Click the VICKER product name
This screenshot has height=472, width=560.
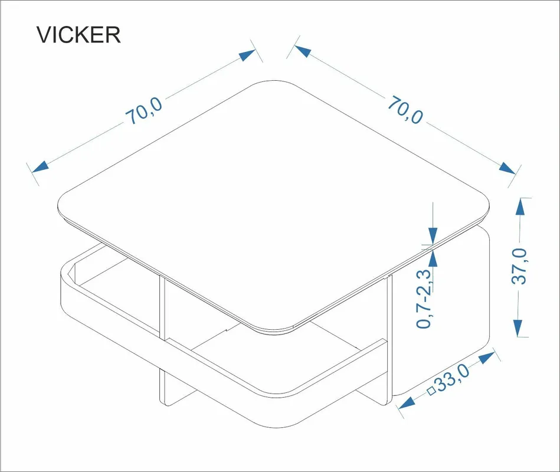click(x=78, y=35)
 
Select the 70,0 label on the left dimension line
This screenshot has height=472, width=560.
click(x=144, y=111)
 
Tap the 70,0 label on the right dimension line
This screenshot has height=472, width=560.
click(x=405, y=110)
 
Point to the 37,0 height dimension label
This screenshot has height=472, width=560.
click(x=520, y=266)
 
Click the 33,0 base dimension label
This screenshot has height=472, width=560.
click(x=453, y=378)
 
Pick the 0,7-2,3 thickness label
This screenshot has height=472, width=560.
click(x=424, y=299)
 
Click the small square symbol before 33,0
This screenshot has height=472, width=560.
click(x=432, y=391)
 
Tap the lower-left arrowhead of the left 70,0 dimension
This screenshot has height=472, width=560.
click(x=40, y=167)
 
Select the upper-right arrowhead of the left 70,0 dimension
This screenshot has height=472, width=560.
click(x=247, y=55)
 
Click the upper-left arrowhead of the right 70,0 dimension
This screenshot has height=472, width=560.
click(x=303, y=51)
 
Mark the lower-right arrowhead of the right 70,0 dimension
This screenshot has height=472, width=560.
click(x=507, y=168)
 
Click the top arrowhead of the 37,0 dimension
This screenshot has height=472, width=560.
click(x=520, y=206)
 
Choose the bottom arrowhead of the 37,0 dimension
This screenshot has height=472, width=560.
click(x=518, y=328)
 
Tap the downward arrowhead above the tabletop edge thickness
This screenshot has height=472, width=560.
click(x=433, y=236)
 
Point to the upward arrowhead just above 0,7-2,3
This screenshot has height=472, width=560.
click(x=433, y=258)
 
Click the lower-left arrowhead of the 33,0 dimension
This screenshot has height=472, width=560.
click(x=407, y=403)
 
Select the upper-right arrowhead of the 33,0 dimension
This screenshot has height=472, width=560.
click(x=487, y=358)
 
